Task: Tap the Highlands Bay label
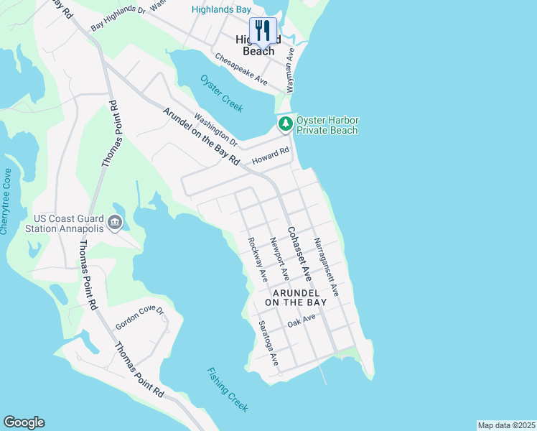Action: tap(221, 9)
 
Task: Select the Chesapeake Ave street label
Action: tap(242, 69)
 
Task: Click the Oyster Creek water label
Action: tap(221, 93)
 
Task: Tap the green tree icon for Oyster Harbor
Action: tap(286, 124)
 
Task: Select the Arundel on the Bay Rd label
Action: tap(201, 137)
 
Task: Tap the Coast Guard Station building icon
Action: tap(115, 224)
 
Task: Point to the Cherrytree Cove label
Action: tap(6, 201)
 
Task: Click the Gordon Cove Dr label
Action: tap(140, 320)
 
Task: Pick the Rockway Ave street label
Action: tap(256, 259)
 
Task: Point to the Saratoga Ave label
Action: tap(269, 342)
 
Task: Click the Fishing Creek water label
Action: tap(228, 390)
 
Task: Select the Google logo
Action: tap(24, 422)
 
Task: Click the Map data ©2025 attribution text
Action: tap(507, 425)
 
